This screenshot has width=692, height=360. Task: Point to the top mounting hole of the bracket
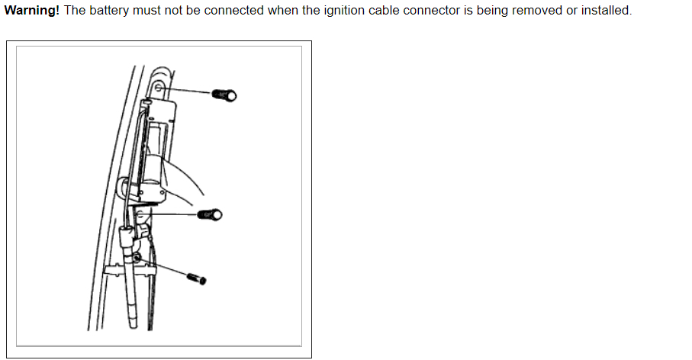coord(157,88)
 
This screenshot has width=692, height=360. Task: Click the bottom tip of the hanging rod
coord(134,325)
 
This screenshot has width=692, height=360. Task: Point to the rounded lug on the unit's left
coord(124,187)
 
